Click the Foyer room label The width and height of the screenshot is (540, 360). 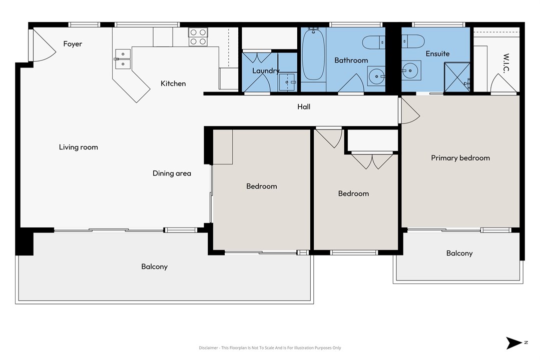click(73, 43)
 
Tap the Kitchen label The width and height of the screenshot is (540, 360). click(173, 83)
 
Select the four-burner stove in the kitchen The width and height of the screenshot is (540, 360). click(198, 37)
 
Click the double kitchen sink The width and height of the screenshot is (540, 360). click(123, 59)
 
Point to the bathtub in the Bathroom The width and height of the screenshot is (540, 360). click(313, 55)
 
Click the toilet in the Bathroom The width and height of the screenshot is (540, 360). click(374, 42)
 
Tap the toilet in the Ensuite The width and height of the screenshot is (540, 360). click(413, 41)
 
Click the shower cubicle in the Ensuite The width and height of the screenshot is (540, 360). click(457, 77)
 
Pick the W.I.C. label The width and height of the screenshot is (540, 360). click(506, 63)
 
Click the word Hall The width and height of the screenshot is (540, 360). click(304, 106)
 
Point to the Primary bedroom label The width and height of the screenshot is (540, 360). click(460, 158)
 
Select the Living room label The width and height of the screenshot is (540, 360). click(79, 147)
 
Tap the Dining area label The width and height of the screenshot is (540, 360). click(172, 173)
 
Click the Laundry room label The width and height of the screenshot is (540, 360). click(266, 71)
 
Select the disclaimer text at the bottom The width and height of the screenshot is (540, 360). click(270, 347)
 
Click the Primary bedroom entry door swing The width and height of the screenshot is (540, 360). click(409, 110)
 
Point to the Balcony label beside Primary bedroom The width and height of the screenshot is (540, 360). click(459, 253)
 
